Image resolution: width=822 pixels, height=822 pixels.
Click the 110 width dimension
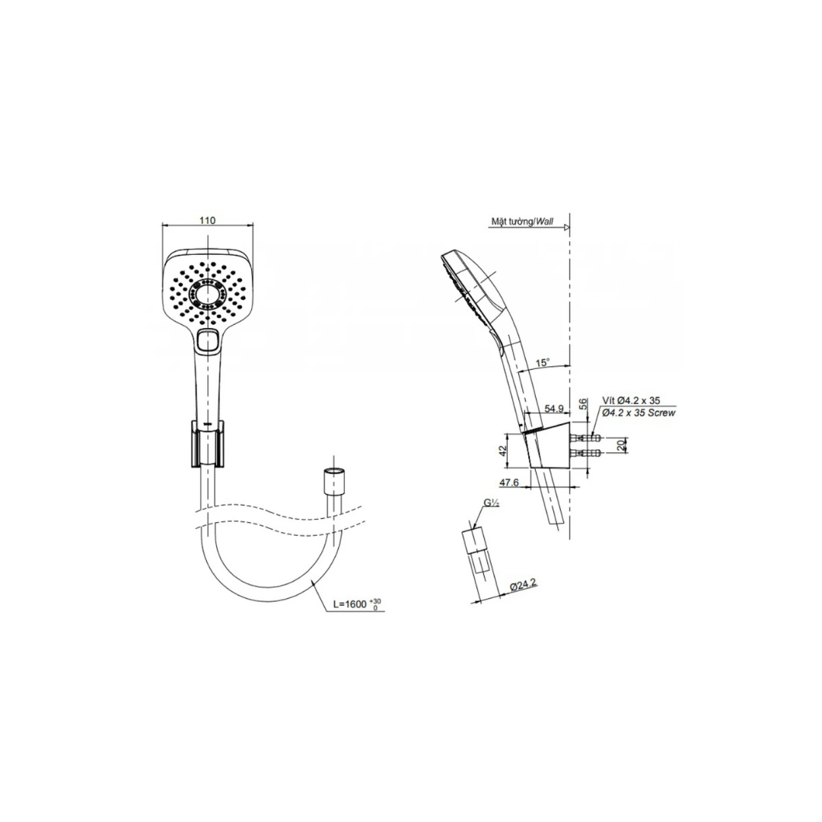208,220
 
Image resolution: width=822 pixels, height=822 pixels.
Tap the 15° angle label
543,362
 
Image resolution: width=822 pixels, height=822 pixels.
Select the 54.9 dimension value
553,409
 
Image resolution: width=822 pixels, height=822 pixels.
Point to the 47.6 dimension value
508,483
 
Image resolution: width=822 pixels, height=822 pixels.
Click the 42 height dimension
502,451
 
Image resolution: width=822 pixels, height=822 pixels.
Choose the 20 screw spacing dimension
621,445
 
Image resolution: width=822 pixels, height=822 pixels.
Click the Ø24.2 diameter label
523,585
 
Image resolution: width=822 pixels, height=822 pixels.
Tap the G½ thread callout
491,503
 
